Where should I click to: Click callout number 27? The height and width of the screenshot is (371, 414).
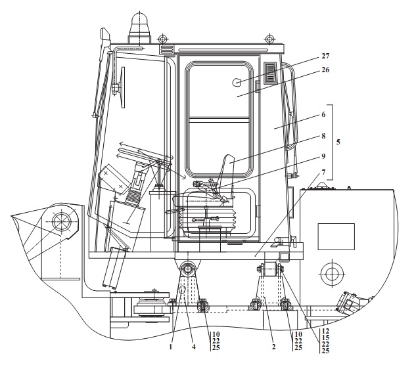325,56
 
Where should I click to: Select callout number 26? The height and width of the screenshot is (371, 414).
325,70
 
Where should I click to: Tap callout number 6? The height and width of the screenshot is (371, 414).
323,114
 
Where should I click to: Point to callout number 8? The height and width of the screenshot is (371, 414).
323,136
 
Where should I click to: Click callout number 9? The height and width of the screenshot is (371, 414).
323,156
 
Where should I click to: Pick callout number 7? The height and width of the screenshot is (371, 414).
323,172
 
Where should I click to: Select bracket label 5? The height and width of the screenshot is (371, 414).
338,142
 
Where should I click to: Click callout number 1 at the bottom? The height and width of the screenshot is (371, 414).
171,347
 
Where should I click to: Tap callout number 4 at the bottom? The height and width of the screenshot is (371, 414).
194,347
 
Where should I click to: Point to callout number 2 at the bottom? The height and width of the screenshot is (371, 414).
274,347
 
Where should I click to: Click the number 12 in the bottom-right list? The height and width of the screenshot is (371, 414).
325,331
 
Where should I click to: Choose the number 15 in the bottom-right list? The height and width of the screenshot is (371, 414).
325,338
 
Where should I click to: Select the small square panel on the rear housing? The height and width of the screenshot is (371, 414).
336,236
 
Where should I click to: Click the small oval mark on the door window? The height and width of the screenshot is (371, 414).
237,83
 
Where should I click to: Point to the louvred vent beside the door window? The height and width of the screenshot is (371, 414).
270,73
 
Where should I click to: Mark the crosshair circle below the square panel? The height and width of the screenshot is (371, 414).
332,274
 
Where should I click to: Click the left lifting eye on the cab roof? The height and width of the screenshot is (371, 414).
162,39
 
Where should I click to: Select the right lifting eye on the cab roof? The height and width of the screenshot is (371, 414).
269,39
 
